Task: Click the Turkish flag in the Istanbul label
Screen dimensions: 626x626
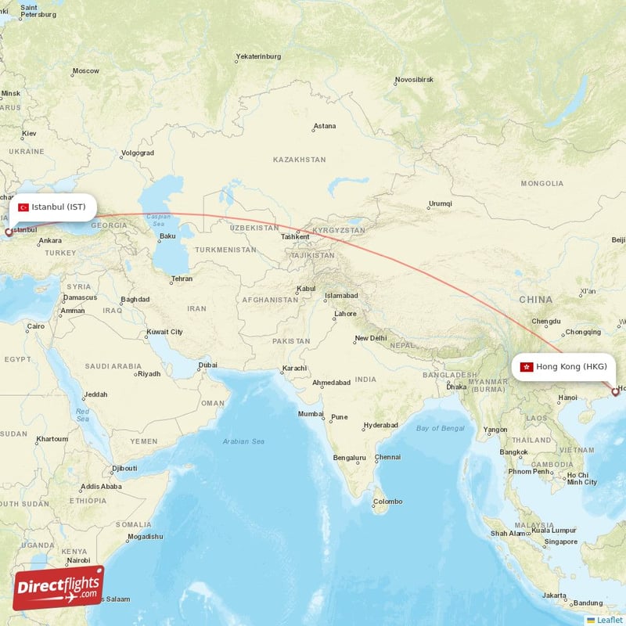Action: click(23, 207)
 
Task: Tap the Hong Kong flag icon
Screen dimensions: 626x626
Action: click(527, 367)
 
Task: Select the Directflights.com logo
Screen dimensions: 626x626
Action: click(58, 588)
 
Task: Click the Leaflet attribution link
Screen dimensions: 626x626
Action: click(609, 620)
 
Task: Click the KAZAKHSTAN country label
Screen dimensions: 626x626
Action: click(299, 160)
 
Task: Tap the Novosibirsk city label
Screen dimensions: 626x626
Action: click(414, 80)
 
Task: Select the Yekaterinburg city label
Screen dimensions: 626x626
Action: click(258, 57)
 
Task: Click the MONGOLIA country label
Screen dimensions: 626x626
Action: click(541, 184)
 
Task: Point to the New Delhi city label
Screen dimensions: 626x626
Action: click(370, 339)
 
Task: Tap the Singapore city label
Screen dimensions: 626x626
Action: click(562, 541)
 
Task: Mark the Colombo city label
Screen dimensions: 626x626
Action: click(387, 502)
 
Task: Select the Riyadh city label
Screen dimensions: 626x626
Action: click(149, 374)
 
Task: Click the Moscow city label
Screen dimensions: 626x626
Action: click(85, 71)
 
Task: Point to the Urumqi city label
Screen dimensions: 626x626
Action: click(440, 204)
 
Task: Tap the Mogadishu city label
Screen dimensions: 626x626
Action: click(145, 537)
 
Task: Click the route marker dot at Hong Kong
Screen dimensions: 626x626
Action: click(615, 392)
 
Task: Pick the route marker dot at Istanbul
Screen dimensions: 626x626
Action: click(9, 232)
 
